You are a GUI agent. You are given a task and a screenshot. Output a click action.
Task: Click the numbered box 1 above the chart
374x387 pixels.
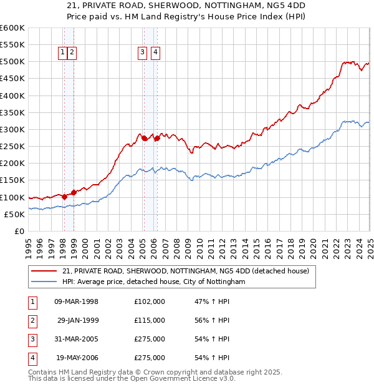pyautogui.click(x=63, y=53)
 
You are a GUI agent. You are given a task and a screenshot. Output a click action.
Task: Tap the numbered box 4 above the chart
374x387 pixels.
pyautogui.click(x=155, y=53)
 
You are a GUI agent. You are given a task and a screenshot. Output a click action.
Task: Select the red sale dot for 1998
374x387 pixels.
pyautogui.click(x=64, y=197)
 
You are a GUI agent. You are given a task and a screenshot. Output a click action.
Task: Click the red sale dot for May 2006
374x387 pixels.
pyautogui.click(x=157, y=139)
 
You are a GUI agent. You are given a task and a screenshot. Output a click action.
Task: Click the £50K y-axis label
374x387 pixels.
pyautogui.click(x=14, y=214)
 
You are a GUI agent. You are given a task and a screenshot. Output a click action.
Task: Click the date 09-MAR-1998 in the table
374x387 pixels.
pyautogui.click(x=77, y=301)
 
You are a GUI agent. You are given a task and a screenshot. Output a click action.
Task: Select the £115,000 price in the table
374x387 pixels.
pyautogui.click(x=150, y=320)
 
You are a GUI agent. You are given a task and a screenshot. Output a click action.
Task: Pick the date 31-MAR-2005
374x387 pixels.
pyautogui.click(x=77, y=339)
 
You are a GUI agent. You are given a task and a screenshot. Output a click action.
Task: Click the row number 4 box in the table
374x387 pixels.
pyautogui.click(x=32, y=358)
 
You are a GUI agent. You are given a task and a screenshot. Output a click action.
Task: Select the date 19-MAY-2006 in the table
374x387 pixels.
pyautogui.click(x=77, y=358)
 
